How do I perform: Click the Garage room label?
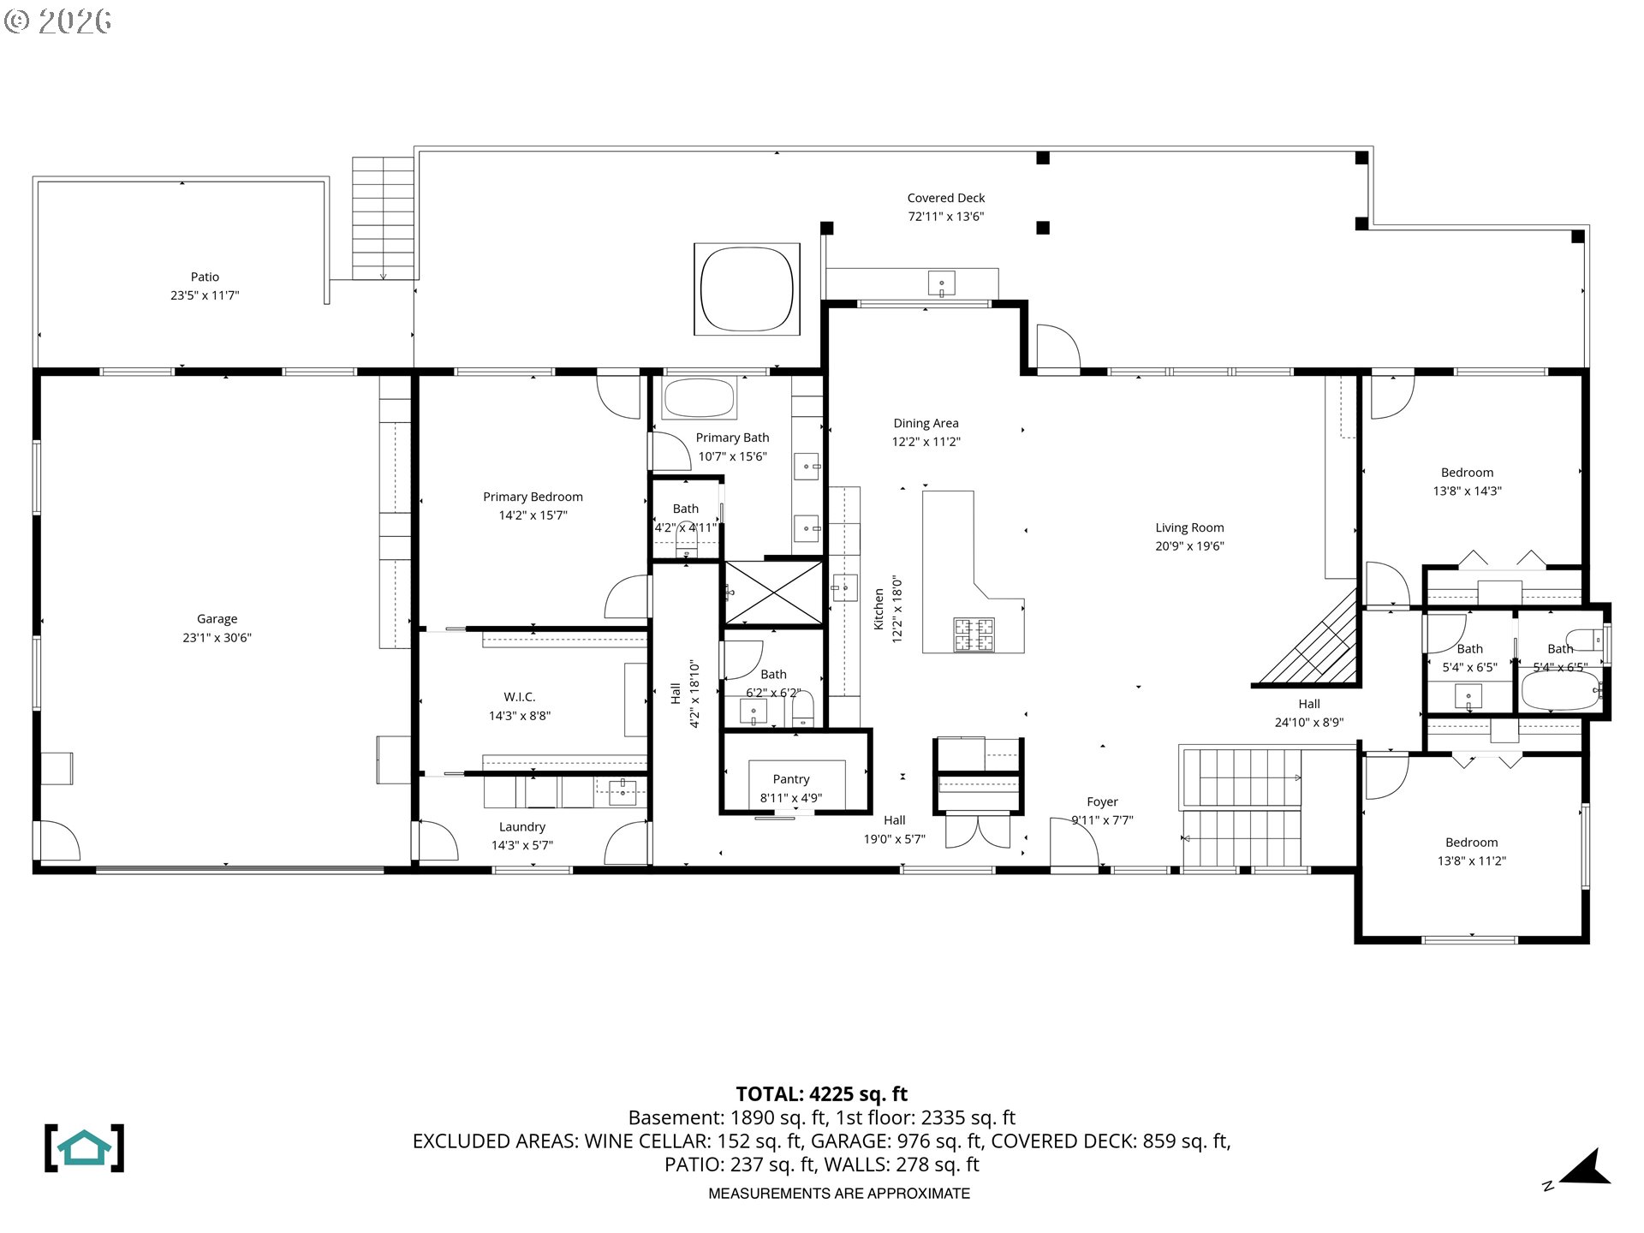(x=217, y=618)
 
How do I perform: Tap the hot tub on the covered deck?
(x=746, y=289)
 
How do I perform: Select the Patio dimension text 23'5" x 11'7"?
(x=205, y=295)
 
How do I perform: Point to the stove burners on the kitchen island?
(x=974, y=634)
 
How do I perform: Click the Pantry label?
(x=790, y=779)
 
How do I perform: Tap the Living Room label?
(x=1189, y=527)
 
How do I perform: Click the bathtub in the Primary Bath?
(x=700, y=398)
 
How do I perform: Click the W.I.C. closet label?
(x=519, y=697)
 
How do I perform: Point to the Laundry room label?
(x=521, y=827)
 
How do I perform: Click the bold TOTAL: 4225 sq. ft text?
(x=821, y=1094)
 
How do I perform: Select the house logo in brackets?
(x=84, y=1148)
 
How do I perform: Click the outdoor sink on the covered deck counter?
(x=942, y=283)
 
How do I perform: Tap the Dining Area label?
(x=926, y=423)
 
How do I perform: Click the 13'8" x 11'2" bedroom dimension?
(x=1471, y=861)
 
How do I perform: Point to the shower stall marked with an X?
(x=773, y=593)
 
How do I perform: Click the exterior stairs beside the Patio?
(x=384, y=218)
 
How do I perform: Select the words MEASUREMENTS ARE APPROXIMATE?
(x=838, y=1194)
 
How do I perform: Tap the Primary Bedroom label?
(x=533, y=497)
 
